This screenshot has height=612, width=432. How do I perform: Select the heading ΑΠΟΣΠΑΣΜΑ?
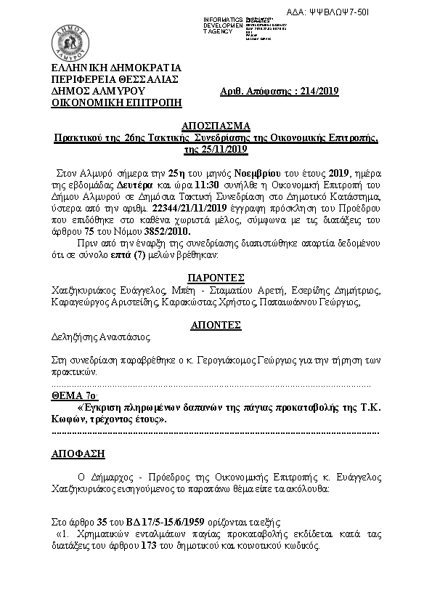click(x=216, y=125)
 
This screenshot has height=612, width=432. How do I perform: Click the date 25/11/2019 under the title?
click(x=216, y=149)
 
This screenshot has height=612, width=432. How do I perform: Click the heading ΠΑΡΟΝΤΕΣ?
click(x=216, y=278)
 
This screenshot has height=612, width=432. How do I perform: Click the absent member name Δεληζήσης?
click(x=73, y=337)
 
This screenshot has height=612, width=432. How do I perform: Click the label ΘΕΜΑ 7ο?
click(x=73, y=395)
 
